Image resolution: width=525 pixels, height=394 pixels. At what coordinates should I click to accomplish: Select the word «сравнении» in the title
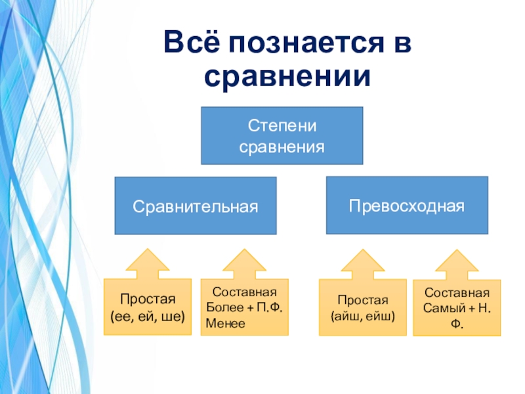point(287,77)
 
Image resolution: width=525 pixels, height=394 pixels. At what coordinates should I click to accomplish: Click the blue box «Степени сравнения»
point(282,135)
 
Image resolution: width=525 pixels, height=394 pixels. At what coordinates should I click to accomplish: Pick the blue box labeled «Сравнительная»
point(196,206)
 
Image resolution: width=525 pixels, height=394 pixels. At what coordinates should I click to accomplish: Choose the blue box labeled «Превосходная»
point(407,205)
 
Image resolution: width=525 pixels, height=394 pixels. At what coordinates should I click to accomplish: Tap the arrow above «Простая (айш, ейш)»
point(362,264)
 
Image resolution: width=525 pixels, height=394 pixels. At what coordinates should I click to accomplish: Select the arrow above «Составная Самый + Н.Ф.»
point(456,264)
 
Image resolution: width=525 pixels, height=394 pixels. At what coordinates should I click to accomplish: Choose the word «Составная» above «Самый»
point(456,293)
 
